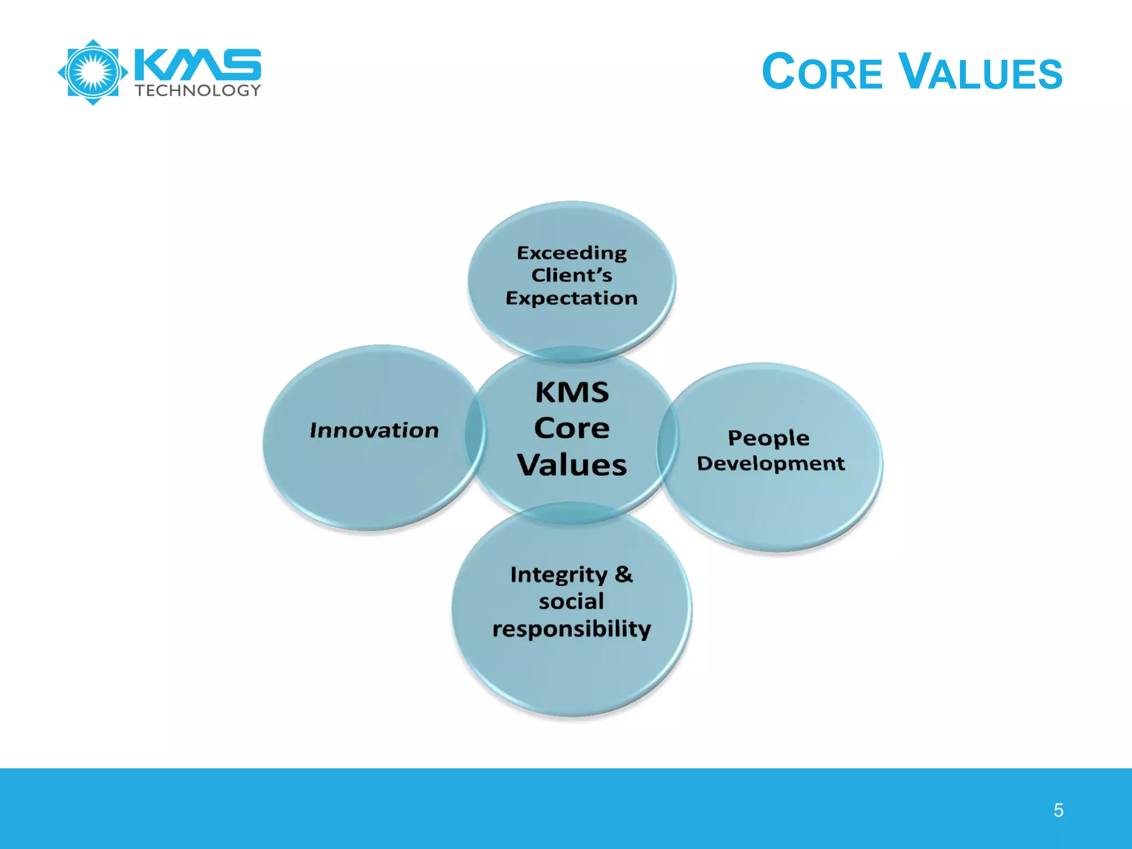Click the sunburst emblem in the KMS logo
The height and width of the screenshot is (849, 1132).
click(93, 72)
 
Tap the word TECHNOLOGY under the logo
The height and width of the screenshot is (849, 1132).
click(198, 91)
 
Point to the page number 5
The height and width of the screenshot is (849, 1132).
click(1058, 810)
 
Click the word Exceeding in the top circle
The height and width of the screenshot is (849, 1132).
click(572, 253)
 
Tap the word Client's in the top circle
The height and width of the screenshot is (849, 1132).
click(572, 275)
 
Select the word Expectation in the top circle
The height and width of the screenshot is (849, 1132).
click(572, 298)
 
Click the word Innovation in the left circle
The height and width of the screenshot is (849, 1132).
click(374, 431)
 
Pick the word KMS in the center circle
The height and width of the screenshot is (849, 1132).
click(572, 392)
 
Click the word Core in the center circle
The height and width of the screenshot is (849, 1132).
click(572, 428)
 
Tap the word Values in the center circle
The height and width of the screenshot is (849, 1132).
click(572, 465)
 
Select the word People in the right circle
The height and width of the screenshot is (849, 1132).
click(768, 438)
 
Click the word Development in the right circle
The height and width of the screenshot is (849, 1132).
click(771, 464)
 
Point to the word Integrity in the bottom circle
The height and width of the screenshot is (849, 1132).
click(558, 575)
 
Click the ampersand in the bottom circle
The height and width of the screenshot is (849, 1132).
click(623, 574)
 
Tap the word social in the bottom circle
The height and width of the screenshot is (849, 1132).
click(572, 601)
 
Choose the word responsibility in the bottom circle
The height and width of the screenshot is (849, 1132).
click(572, 629)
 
